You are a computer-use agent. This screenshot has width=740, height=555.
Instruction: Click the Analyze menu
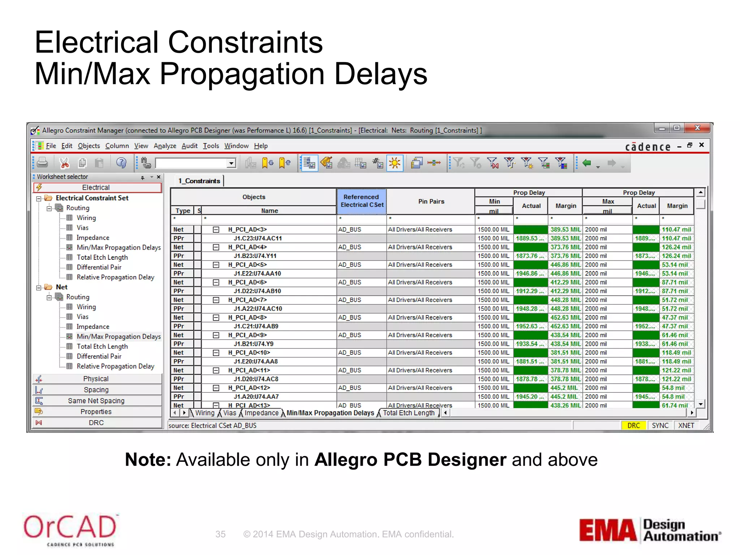tap(165, 146)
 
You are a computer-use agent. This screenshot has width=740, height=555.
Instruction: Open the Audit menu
tap(189, 146)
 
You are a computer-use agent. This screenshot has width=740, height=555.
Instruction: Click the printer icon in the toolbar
tap(42, 163)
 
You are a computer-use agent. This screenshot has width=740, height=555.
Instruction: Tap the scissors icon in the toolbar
tap(64, 163)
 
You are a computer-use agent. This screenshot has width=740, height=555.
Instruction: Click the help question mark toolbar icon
tap(121, 163)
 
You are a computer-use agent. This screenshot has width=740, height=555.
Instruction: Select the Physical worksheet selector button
tap(96, 379)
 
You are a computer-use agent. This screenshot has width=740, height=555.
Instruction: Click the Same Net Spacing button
tap(96, 401)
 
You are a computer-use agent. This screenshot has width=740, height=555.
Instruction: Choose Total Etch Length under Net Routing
tap(102, 347)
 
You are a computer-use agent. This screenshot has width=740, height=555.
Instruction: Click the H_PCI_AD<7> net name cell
tap(248, 300)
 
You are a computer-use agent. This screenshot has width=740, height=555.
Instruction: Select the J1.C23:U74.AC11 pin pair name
tap(258, 238)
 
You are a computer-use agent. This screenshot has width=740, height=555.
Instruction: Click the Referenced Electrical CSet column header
tap(362, 201)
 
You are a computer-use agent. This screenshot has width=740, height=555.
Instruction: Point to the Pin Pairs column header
tap(431, 202)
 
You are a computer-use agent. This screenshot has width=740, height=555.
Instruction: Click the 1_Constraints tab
tap(199, 181)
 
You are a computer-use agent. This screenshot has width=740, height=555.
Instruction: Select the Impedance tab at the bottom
tap(262, 413)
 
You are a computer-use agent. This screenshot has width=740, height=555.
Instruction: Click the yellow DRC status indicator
tap(633, 426)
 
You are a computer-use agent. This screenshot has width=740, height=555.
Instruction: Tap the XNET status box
tap(686, 426)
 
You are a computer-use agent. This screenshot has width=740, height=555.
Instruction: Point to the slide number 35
tap(220, 534)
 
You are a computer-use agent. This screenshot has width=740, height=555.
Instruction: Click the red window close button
tap(697, 128)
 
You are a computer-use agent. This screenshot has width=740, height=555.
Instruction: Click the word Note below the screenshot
tap(148, 460)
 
